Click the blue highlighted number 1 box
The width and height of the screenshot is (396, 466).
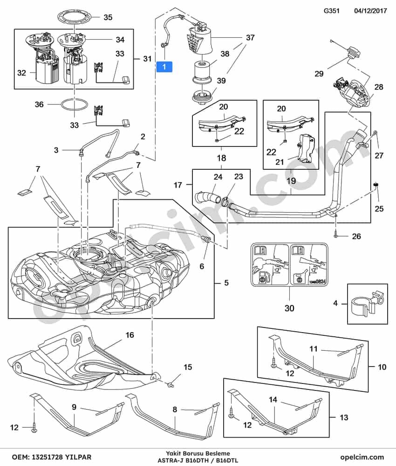click(x=164, y=67)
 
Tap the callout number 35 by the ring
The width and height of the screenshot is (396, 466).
click(x=108, y=17)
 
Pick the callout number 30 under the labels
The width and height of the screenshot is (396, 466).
click(x=289, y=308)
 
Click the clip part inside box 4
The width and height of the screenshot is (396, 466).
click(x=367, y=303)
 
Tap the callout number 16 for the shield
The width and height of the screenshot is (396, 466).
click(x=130, y=335)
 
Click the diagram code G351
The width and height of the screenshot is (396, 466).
click(x=331, y=11)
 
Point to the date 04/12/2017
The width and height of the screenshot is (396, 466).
click(x=370, y=11)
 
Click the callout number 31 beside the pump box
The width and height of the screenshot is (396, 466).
click(x=147, y=59)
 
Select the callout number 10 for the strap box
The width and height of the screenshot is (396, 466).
click(x=382, y=367)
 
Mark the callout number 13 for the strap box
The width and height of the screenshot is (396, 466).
click(x=344, y=417)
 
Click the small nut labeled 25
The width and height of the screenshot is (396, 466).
click(x=376, y=185)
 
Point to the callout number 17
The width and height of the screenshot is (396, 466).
click(x=178, y=185)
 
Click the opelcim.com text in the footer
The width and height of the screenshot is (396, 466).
click(x=362, y=457)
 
